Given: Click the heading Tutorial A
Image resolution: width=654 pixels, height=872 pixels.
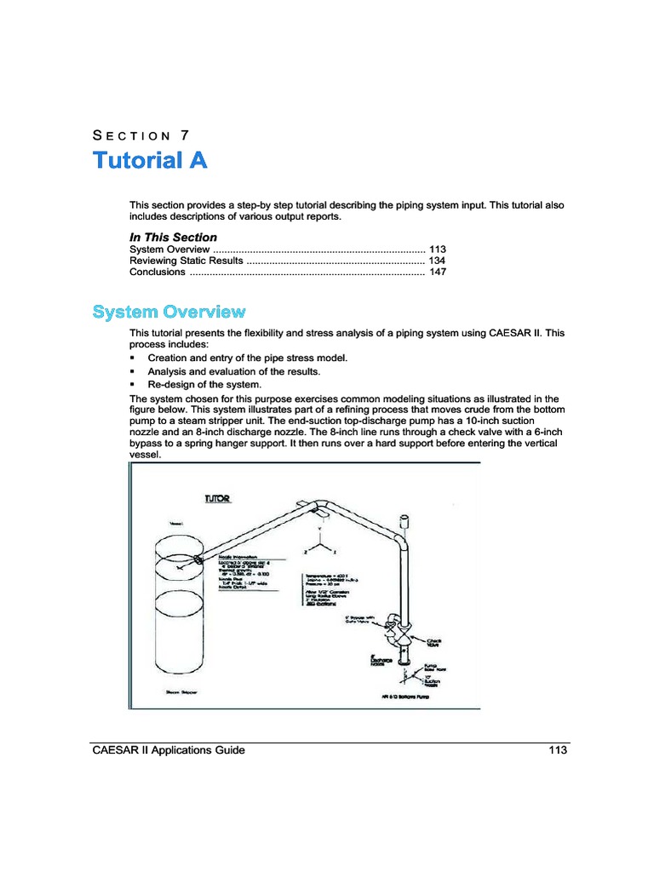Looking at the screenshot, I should click(x=150, y=160).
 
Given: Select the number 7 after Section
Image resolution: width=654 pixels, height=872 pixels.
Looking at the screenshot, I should click(x=185, y=135).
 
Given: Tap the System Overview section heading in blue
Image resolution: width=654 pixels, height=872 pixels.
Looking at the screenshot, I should click(x=169, y=312).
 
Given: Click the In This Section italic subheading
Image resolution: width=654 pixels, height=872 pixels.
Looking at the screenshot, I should click(x=173, y=237).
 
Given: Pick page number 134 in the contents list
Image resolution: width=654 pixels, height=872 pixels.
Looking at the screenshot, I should click(x=437, y=261).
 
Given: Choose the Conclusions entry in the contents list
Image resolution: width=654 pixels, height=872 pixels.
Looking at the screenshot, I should click(x=158, y=272).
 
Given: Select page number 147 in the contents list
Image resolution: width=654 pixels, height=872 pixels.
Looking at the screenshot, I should click(x=437, y=272).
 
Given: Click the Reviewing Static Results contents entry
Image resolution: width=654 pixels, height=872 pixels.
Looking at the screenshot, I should click(x=181, y=261).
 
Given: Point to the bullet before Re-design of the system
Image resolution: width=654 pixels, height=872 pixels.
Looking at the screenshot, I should click(x=133, y=385).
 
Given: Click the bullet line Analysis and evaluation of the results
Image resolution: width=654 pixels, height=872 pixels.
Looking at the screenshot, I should click(x=233, y=372).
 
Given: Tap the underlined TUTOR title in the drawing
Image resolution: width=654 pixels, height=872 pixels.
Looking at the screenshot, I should click(x=218, y=498).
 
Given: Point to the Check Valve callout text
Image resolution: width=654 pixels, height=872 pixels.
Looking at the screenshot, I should click(x=433, y=643).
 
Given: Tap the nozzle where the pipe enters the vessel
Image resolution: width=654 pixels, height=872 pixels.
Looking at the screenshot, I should click(x=198, y=559).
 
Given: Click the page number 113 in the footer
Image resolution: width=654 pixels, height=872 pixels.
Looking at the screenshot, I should click(x=558, y=750).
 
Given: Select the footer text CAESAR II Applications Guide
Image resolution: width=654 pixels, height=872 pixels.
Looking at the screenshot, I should click(x=169, y=750).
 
